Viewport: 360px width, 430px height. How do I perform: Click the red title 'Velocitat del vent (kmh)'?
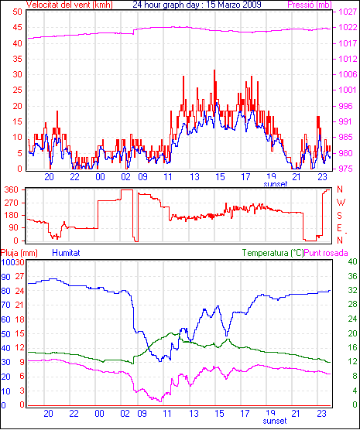click(69, 5)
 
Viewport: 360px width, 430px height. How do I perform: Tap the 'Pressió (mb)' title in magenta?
click(310, 5)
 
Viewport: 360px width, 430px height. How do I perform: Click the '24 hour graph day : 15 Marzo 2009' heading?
click(197, 5)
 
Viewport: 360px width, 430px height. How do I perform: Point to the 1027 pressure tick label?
click(348, 12)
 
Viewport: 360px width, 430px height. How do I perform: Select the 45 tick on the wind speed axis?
click(17, 27)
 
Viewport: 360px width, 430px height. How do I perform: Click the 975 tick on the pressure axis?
click(346, 169)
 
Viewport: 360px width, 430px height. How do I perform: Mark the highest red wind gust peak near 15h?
click(214, 70)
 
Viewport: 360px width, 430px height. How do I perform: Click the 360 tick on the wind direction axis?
click(12, 189)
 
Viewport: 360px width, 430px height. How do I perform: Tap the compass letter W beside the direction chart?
click(341, 203)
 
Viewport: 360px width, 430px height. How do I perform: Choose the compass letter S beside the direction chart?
click(340, 216)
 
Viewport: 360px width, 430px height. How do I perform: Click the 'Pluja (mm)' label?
click(19, 253)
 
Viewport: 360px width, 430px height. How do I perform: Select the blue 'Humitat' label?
click(66, 253)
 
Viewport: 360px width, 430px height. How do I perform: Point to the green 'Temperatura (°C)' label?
click(273, 253)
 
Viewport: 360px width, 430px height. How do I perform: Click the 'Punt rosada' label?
click(326, 253)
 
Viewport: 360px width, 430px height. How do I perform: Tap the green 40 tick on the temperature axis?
click(352, 261)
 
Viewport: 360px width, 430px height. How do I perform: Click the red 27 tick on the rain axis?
click(19, 276)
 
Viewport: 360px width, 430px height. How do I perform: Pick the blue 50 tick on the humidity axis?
click(5, 334)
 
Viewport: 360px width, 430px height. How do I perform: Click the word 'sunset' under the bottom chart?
click(275, 421)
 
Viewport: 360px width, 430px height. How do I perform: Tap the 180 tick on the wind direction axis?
click(12, 215)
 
